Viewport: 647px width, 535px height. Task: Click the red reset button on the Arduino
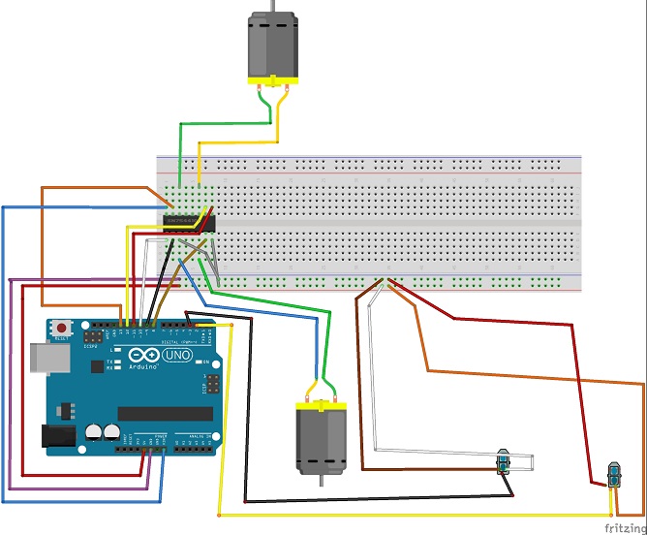[63, 327]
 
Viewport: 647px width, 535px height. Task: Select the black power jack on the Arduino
[57, 436]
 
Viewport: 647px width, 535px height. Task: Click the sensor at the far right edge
[613, 476]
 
